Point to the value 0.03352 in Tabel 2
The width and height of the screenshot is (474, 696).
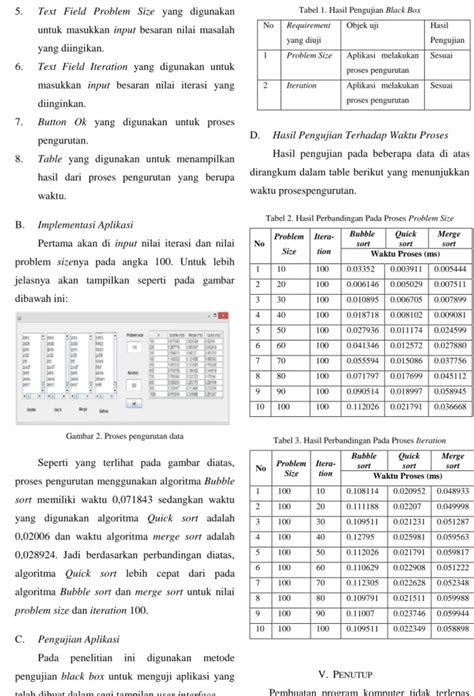click(x=362, y=269)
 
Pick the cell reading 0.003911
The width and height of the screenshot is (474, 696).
click(x=404, y=269)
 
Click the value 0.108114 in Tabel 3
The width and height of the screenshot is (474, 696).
click(x=362, y=519)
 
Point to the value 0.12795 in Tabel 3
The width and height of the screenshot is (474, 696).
click(x=362, y=566)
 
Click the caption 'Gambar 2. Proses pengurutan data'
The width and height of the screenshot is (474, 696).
click(x=123, y=436)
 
